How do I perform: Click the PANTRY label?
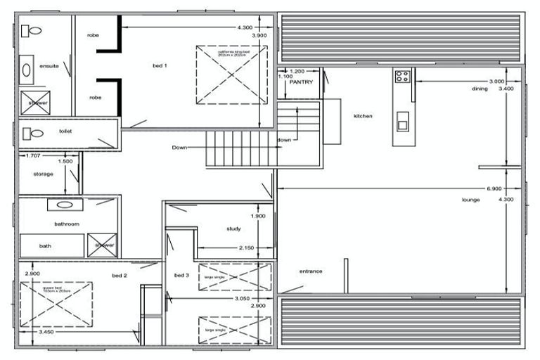pos(301,82)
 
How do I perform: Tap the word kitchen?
pos(363,116)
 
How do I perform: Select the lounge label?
pos(471,200)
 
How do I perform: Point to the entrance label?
pos(311,271)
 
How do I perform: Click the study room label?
pos(234,229)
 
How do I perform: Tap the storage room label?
pos(44,174)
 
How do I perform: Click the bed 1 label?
pos(160,66)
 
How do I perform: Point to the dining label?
pos(480,89)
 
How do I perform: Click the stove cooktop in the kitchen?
pos(402,77)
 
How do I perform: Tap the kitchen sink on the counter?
pos(402,122)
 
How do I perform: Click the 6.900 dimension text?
pos(494,189)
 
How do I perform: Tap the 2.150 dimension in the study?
pos(246,248)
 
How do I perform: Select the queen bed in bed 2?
pos(56,303)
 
